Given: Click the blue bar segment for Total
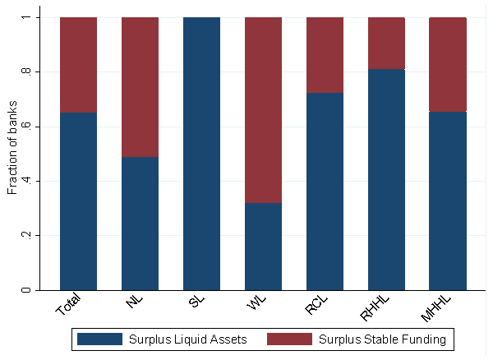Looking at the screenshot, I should click(78, 201).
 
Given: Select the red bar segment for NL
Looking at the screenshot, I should click(140, 87).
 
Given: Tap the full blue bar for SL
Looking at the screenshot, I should click(201, 154).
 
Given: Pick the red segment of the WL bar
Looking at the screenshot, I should click(263, 110).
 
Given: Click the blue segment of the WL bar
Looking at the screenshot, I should click(263, 247).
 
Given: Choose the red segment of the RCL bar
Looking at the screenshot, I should click(325, 55).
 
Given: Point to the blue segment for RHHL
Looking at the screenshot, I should click(386, 179).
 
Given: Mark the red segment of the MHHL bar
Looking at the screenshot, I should click(448, 64).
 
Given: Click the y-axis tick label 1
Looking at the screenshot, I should click(26, 17).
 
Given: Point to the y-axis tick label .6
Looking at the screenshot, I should click(26, 127).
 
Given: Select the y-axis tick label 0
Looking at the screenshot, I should click(26, 290).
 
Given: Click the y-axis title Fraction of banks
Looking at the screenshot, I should click(12, 154).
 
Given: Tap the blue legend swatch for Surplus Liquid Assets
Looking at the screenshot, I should click(99, 339).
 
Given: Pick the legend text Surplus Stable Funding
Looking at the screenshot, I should click(381, 339).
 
